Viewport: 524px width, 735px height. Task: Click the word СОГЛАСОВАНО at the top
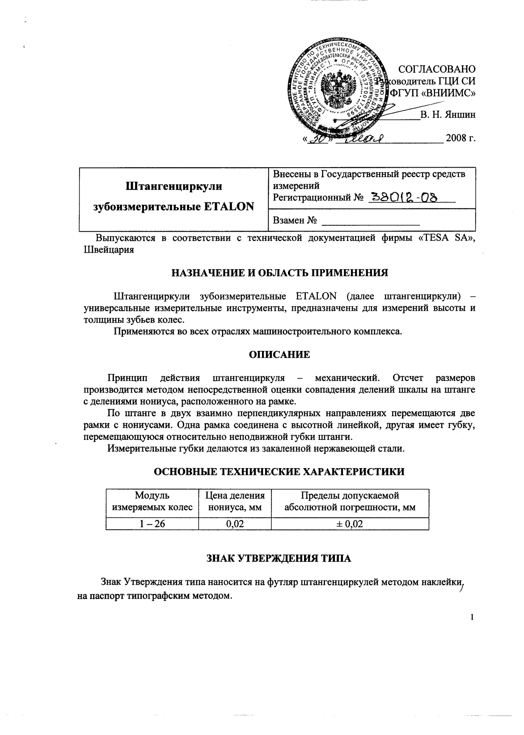pos(436,69)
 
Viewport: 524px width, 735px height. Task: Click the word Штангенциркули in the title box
pos(173,186)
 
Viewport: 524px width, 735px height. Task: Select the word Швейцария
pos(109,250)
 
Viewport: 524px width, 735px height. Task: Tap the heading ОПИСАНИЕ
pos(279,355)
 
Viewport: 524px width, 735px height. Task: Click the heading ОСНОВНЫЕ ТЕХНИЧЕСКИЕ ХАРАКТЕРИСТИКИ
pos(279,472)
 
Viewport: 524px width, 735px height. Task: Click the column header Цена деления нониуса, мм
pos(235,502)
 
